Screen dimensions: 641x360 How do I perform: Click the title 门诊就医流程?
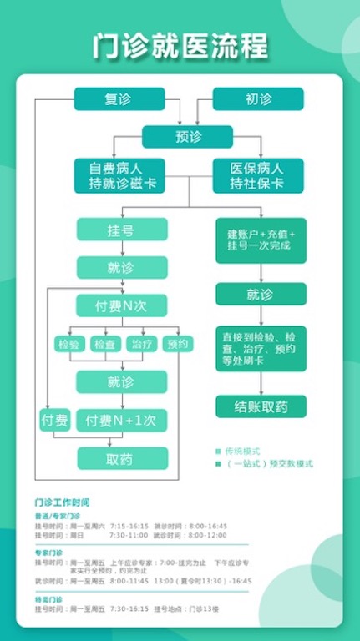click(180, 47)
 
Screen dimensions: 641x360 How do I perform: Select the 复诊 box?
click(119, 99)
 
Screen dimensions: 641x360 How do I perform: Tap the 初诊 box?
click(258, 99)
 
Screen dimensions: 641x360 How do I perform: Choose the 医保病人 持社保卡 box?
click(258, 175)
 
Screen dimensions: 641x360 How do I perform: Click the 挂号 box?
click(121, 230)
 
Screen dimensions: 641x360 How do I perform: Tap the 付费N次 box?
click(121, 305)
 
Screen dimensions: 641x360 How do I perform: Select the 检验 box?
click(69, 344)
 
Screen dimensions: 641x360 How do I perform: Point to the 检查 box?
click(104, 344)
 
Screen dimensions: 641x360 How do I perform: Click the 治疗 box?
click(140, 344)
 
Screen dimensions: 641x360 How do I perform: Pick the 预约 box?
click(177, 343)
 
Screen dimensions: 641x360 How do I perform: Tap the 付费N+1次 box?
click(121, 420)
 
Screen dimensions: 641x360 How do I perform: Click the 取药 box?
click(121, 458)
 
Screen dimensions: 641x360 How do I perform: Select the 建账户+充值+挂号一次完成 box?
click(261, 241)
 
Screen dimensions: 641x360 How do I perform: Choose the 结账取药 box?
click(261, 406)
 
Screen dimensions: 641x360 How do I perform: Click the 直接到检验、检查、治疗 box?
click(261, 343)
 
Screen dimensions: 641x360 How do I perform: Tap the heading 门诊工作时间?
click(63, 502)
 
